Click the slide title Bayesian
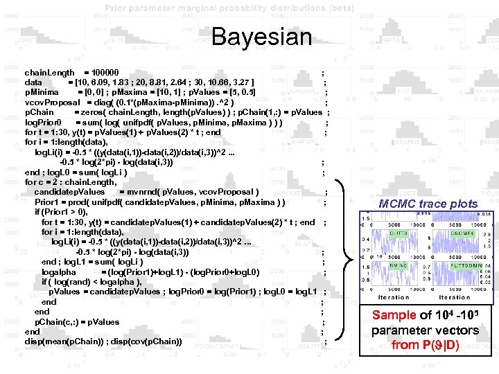coord(262,36)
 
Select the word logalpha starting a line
coord(59,272)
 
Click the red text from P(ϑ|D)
coord(425,344)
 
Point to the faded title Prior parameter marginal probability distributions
coord(229,8)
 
